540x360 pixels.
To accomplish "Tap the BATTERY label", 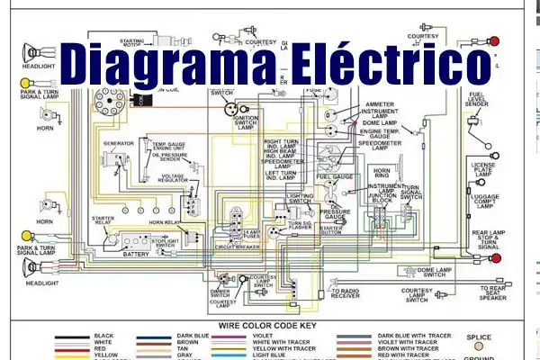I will [137, 255].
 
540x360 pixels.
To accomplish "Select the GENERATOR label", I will [118, 143].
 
